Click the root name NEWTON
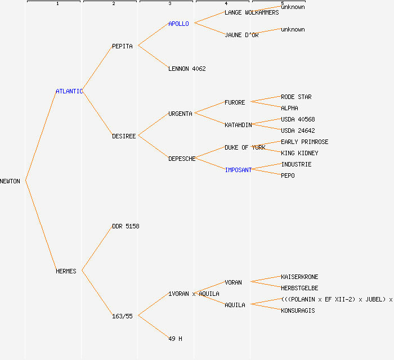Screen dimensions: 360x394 [10, 181]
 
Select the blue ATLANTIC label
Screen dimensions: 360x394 [69, 91]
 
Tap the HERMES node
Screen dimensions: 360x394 [66, 271]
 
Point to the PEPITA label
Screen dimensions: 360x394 [122, 46]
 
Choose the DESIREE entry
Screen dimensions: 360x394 [124, 136]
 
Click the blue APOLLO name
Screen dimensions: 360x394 [178, 24]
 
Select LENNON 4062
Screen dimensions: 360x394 [187, 69]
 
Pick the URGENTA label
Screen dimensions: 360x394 [180, 114]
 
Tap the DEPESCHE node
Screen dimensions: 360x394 [182, 159]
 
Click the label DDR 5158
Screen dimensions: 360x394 [126, 226]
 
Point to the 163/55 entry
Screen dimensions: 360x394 [122, 316]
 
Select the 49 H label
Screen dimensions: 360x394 [175, 339]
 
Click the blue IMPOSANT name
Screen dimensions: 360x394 [238, 170]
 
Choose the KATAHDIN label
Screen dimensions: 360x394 [238, 125]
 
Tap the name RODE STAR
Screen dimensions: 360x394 [296, 97]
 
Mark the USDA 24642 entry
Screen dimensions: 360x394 [298, 130]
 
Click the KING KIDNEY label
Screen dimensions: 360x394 [299, 153]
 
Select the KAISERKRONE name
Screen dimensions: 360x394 [299, 277]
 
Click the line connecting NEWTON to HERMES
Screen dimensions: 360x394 [41, 226]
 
